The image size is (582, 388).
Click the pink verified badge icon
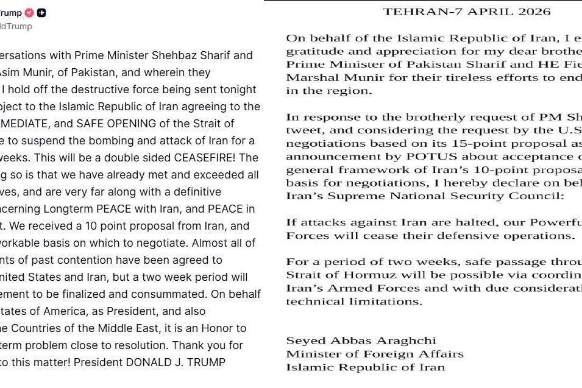tap(29, 12)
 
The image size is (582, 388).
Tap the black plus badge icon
tap(41, 12)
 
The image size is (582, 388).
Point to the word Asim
tap(13, 72)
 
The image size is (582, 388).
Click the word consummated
tap(176, 294)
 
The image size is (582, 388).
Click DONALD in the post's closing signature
tap(146, 362)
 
